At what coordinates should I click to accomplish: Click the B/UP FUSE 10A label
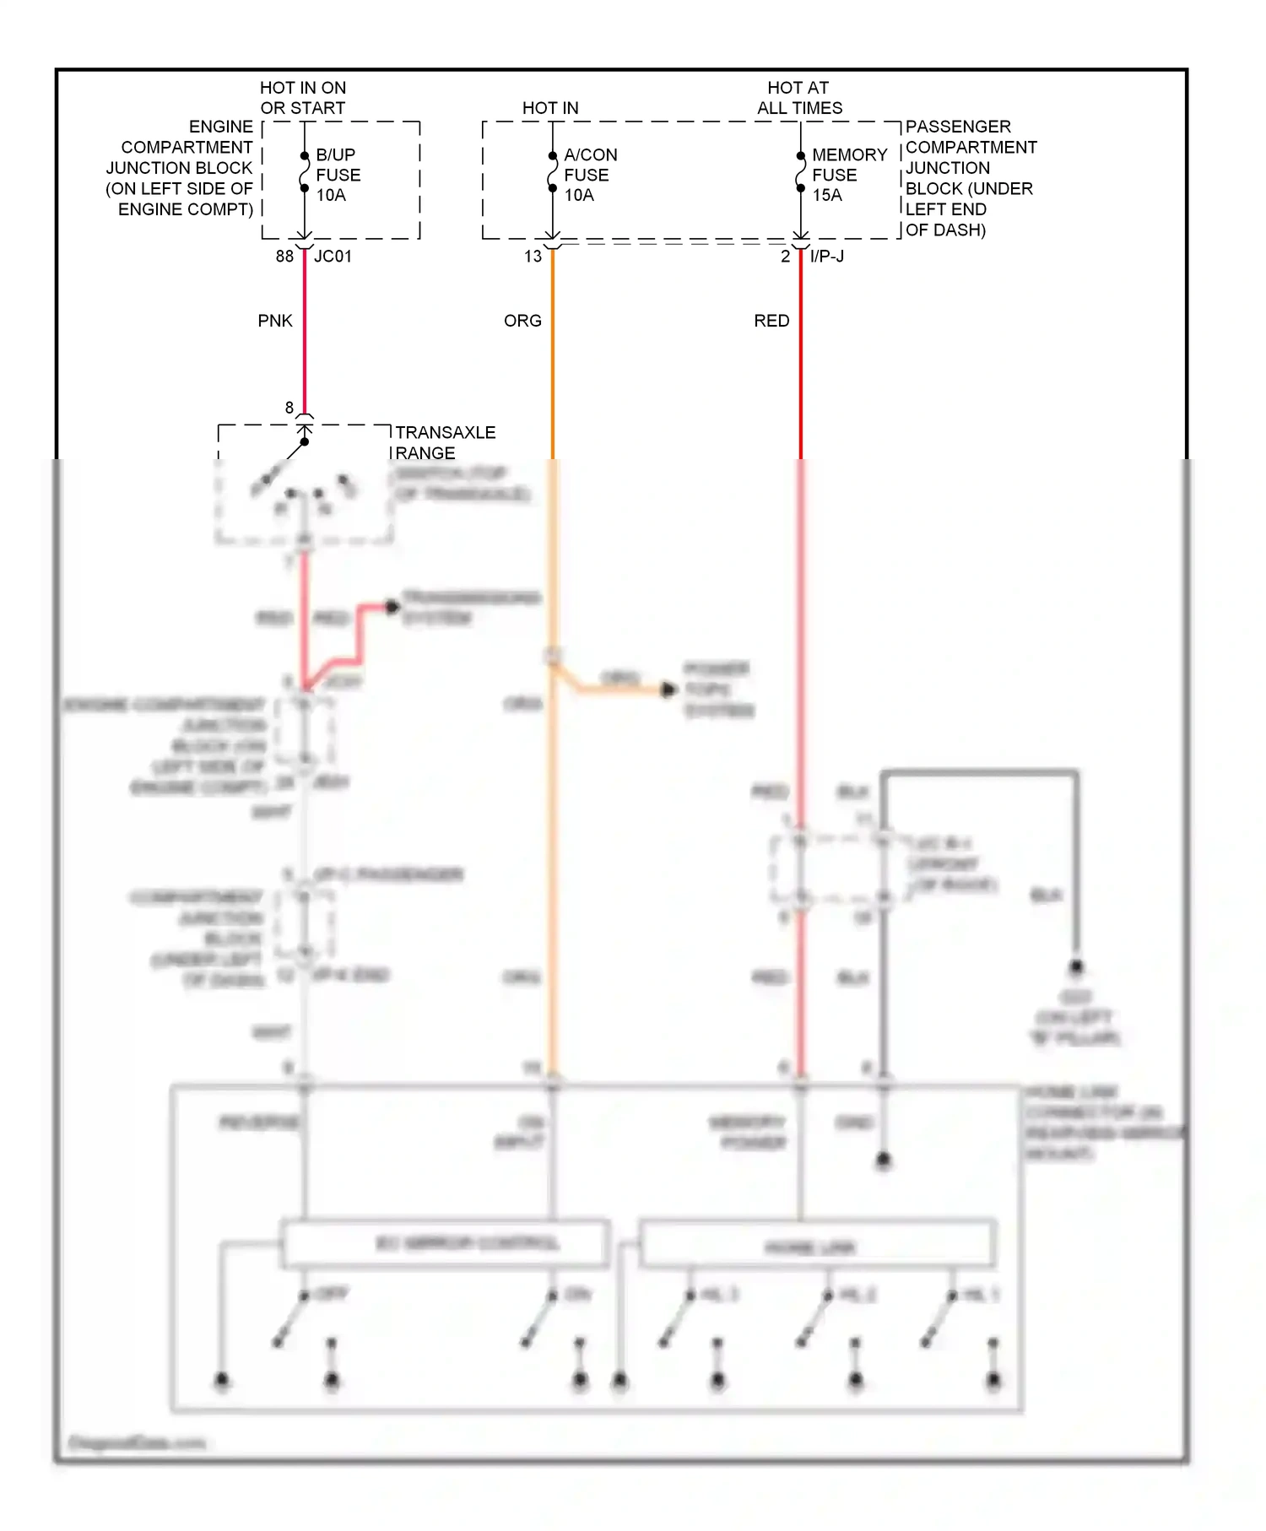(338, 175)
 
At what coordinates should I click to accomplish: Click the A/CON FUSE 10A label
(590, 175)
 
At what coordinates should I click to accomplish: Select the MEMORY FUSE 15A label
(848, 175)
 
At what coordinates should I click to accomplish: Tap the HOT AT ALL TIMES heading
(798, 98)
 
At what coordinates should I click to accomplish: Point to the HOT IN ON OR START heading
(302, 98)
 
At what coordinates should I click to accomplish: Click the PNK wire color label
(275, 321)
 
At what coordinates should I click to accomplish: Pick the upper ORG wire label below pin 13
(522, 321)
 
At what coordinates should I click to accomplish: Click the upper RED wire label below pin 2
(771, 321)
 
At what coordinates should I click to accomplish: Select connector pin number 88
(284, 256)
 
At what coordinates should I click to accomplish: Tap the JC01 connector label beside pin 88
(333, 256)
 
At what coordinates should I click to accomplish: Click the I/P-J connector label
(826, 256)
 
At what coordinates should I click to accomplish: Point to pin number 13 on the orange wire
(533, 256)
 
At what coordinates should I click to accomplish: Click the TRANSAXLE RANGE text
(445, 442)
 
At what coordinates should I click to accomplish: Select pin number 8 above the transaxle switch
(289, 408)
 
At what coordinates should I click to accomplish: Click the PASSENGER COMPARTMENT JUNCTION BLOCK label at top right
(970, 178)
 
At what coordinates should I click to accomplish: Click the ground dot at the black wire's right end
(1076, 966)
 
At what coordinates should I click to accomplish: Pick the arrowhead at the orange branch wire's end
(668, 690)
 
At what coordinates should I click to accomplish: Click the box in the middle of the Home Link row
(817, 1244)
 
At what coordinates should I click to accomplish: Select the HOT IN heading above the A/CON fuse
(550, 108)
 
